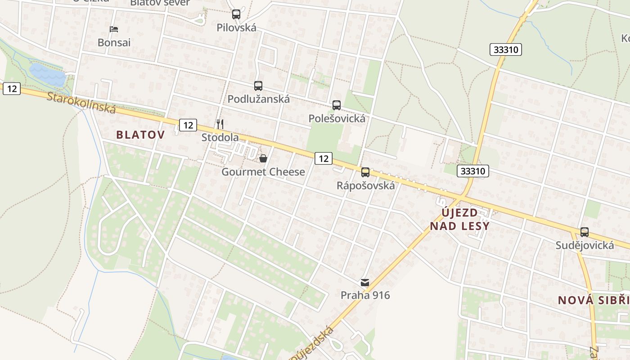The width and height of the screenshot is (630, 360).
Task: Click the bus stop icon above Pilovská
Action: click(236, 14)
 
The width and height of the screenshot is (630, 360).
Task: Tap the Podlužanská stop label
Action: click(258, 99)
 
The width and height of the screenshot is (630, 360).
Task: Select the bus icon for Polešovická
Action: click(337, 105)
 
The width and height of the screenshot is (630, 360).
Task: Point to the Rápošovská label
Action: click(365, 185)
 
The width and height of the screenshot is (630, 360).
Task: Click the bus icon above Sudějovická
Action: click(585, 232)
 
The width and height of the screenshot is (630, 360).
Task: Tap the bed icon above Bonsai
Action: click(114, 29)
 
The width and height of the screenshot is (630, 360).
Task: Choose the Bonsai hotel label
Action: click(114, 43)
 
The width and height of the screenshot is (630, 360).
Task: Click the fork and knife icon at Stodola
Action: click(220, 124)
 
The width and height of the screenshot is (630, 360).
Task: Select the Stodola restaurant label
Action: click(220, 137)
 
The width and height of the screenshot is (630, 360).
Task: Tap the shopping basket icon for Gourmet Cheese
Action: click(263, 158)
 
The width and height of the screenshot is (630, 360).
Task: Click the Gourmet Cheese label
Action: click(263, 172)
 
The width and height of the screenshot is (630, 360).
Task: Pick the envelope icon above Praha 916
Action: click(365, 283)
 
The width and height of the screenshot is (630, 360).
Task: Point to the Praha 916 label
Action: click(365, 295)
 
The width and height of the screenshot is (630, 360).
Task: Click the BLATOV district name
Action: click(140, 135)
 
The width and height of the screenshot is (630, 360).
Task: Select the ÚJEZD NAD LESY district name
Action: click(459, 219)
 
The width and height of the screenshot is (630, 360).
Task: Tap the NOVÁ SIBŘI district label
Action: click(594, 301)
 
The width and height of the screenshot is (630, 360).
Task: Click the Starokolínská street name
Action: click(81, 103)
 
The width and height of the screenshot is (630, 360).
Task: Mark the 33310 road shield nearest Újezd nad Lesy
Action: click(473, 171)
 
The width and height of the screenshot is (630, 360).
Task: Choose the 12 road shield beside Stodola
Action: click(188, 125)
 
